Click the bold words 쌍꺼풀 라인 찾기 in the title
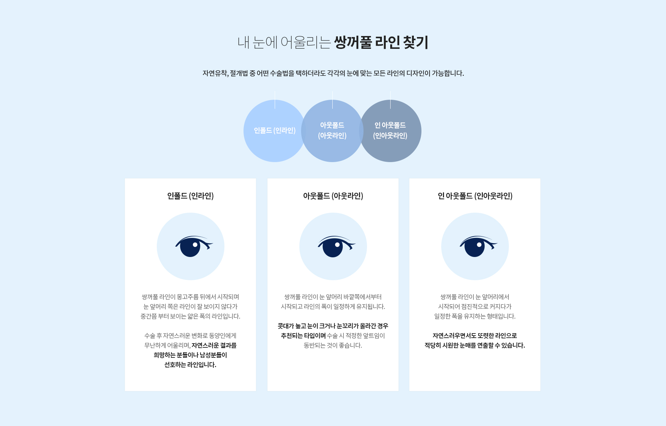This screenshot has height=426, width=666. [x=381, y=42]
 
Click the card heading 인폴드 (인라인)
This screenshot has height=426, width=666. [x=190, y=196]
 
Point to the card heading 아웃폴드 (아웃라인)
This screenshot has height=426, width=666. [x=333, y=196]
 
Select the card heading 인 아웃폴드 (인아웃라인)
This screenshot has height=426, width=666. [x=475, y=196]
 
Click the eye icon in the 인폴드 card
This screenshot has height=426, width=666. [x=194, y=246]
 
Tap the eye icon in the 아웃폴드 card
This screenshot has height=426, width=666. [x=336, y=246]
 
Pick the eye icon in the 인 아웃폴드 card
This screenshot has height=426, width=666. [x=478, y=246]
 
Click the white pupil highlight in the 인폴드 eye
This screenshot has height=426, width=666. [x=195, y=245]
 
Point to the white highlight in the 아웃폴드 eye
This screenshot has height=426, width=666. [x=338, y=245]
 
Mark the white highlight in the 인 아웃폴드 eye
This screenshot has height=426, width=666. [x=479, y=245]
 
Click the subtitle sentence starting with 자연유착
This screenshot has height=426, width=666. [x=333, y=73]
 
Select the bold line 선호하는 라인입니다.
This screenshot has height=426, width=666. [x=190, y=365]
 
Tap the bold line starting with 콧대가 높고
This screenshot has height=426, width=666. [x=333, y=326]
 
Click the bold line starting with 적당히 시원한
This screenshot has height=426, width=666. [x=475, y=345]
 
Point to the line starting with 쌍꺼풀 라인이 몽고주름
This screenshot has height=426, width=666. [x=190, y=297]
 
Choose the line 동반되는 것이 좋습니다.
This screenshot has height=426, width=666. [x=333, y=345]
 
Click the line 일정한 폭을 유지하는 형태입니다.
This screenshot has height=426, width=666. [x=475, y=316]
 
